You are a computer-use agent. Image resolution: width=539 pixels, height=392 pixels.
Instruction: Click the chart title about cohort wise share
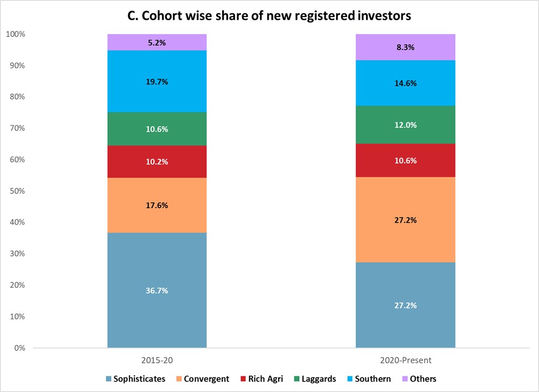pos(269,16)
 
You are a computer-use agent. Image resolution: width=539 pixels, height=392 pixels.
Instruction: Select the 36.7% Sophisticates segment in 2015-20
pos(157,290)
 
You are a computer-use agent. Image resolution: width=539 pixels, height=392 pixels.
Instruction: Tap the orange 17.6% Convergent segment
pos(157,205)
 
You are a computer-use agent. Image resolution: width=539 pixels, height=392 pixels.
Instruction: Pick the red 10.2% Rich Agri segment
pos(157,162)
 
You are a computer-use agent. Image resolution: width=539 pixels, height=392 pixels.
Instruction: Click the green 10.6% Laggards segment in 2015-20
pos(157,129)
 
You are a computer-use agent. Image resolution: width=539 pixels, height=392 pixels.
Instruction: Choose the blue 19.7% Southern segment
pos(157,81)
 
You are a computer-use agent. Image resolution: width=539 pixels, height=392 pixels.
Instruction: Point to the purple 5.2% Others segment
pos(157,42)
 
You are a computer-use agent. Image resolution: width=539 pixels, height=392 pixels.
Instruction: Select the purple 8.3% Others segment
pos(405,47)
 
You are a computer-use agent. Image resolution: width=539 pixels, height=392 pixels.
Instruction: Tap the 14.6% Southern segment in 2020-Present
pos(405,83)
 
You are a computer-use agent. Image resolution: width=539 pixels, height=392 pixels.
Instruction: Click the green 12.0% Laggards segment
pos(405,125)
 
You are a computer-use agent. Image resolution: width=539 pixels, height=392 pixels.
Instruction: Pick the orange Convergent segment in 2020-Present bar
pos(405,219)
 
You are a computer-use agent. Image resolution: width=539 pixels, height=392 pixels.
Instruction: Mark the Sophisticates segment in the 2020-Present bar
pos(405,305)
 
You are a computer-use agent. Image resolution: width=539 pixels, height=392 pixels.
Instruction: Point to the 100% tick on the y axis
pos(16,34)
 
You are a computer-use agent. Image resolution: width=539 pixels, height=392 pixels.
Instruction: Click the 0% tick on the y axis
pos(20,348)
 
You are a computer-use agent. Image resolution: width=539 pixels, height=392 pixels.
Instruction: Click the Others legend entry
pos(418,379)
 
